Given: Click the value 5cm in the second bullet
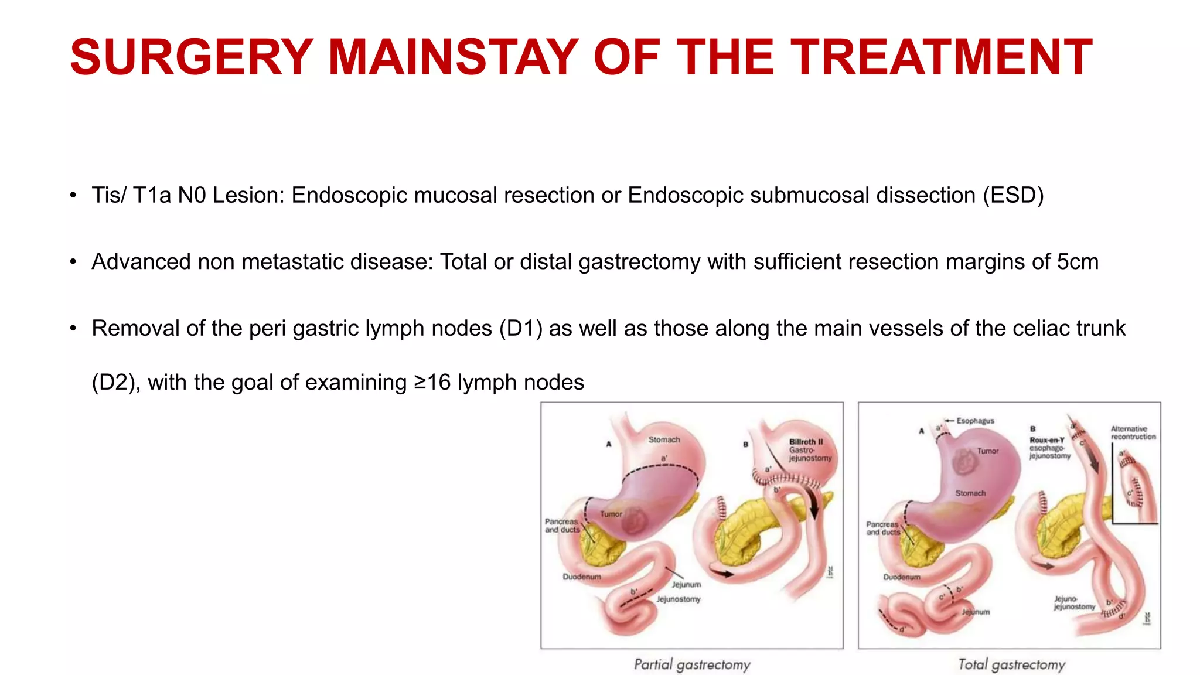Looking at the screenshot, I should [1078, 261].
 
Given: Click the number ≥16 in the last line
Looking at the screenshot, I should [432, 382].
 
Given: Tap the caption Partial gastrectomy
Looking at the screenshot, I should [692, 664].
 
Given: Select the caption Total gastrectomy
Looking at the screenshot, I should [1011, 664].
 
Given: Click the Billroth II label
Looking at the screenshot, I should [806, 442].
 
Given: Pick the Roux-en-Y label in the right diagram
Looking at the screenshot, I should [1046, 440].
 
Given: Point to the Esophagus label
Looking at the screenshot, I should [975, 421].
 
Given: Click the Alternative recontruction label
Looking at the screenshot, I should [1133, 432].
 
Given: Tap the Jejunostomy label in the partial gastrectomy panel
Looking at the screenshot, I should [678, 599].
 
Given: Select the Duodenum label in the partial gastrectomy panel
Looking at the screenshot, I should [582, 577].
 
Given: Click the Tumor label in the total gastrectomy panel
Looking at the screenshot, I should [988, 451].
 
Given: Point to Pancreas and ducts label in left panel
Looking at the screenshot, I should [562, 525].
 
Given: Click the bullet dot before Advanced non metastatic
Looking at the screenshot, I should [73, 262].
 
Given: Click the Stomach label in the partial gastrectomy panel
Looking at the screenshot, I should [664, 439].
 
